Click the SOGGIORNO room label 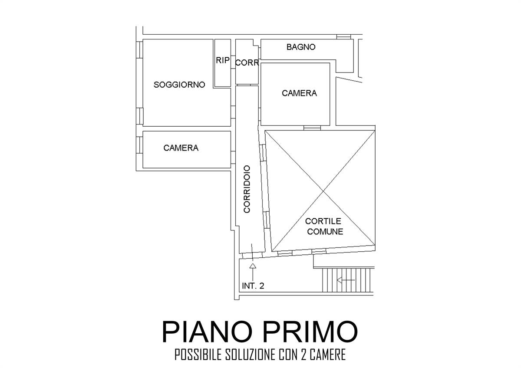(x=179, y=85)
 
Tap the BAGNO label (x=301, y=47)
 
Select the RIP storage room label (x=223, y=60)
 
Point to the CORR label (x=247, y=62)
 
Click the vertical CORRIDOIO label (x=247, y=189)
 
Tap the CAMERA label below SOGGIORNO (x=181, y=148)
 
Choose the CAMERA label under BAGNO (x=299, y=93)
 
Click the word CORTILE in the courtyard (x=323, y=221)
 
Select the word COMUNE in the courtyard (x=325, y=232)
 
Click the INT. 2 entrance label (x=253, y=286)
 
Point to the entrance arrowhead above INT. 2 (x=253, y=266)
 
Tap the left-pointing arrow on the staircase (x=346, y=280)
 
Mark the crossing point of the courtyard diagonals (x=323, y=191)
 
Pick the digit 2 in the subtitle (x=303, y=355)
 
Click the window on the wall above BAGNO (x=343, y=37)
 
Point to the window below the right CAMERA (x=312, y=128)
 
